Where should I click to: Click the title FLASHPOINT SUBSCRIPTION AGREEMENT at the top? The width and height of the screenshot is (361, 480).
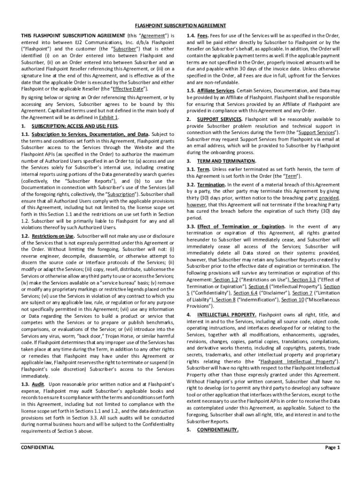pyautogui.click(x=180, y=25)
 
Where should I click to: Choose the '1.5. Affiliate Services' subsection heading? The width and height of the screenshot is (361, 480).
pyautogui.click(x=211, y=90)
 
